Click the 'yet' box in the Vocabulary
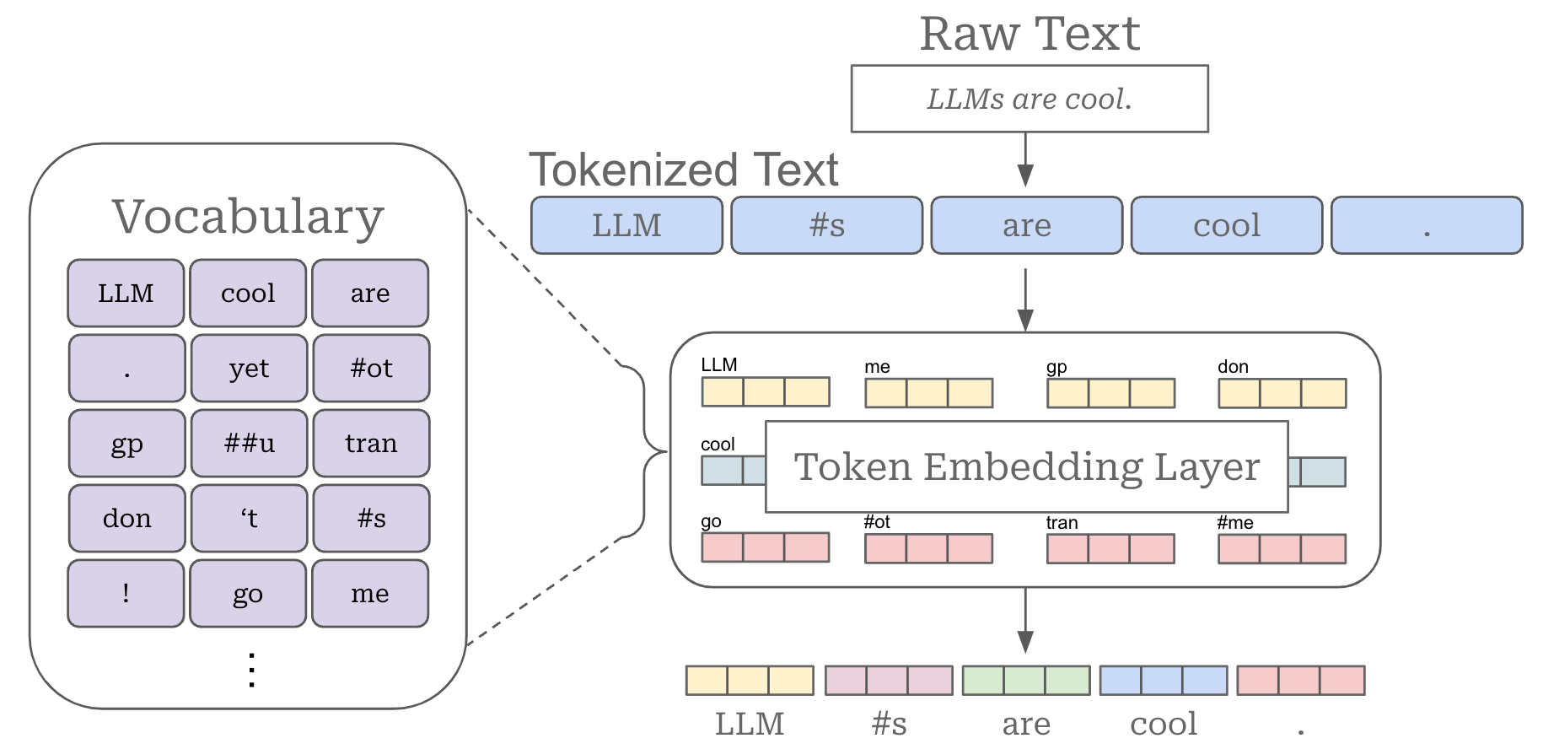click(x=249, y=368)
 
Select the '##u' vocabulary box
click(x=249, y=443)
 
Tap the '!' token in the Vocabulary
click(x=126, y=593)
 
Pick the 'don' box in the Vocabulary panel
click(x=126, y=518)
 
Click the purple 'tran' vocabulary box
click(x=371, y=443)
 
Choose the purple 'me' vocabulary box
click(x=370, y=593)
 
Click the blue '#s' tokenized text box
click(x=826, y=225)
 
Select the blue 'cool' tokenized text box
click(x=1226, y=225)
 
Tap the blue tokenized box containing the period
click(x=1426, y=225)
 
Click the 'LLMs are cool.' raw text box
click(x=1029, y=99)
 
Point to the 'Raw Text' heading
click(x=1029, y=34)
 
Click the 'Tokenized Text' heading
click(x=683, y=170)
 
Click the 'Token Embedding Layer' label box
click(x=1026, y=466)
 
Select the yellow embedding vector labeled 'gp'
click(x=1110, y=393)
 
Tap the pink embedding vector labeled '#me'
click(x=1282, y=549)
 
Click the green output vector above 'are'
click(x=1025, y=680)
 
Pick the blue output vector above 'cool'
click(x=1163, y=680)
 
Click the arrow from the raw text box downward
click(x=1025, y=159)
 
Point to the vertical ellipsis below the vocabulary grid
click(x=251, y=670)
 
